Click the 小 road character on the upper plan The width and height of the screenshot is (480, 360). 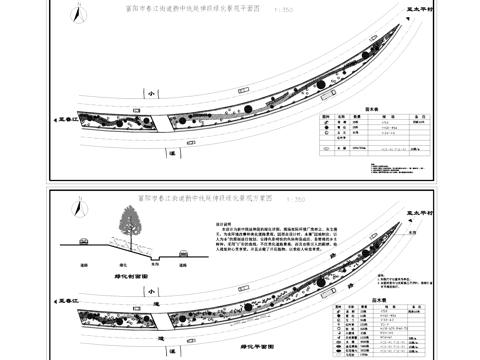147,92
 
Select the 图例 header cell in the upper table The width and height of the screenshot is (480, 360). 327,116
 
